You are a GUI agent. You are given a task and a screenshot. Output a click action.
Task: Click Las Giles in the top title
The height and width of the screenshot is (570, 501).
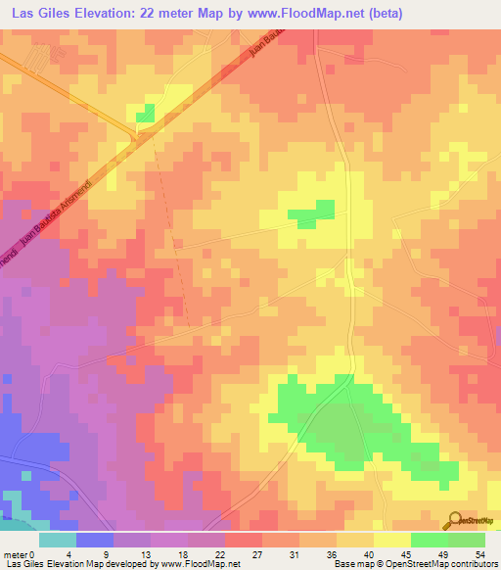pyautogui.click(x=42, y=14)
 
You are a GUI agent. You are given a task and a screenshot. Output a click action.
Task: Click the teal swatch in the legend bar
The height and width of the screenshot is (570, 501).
pyautogui.click(x=58, y=540)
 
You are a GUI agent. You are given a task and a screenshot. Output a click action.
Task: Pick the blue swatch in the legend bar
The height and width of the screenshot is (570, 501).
pyautogui.click(x=95, y=540)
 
